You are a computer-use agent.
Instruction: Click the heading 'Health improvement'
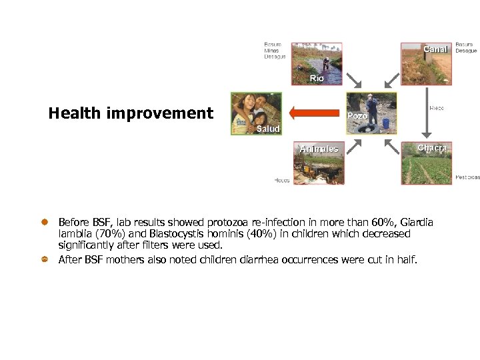131,113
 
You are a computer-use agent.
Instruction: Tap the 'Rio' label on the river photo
317,78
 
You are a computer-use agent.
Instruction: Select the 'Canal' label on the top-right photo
436,49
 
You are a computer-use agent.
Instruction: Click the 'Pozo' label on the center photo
357,116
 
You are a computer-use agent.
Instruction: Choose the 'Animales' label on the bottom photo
319,149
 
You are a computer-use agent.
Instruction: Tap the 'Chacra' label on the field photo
432,147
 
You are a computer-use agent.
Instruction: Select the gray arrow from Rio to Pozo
353,81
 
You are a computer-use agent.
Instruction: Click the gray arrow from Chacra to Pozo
390,141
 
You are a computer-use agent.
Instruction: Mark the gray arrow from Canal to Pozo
390,83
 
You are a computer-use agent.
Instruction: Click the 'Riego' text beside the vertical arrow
437,108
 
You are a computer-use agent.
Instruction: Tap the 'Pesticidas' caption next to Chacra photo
467,177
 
